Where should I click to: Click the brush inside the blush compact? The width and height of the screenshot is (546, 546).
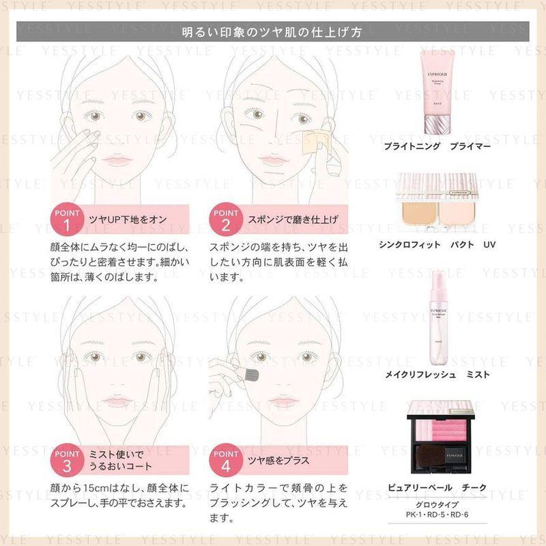pos(446,465)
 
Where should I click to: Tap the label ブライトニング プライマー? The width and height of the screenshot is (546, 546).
pos(446,146)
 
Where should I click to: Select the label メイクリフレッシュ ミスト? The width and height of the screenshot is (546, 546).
pos(446,375)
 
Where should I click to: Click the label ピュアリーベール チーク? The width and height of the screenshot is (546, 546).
pos(446,487)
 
